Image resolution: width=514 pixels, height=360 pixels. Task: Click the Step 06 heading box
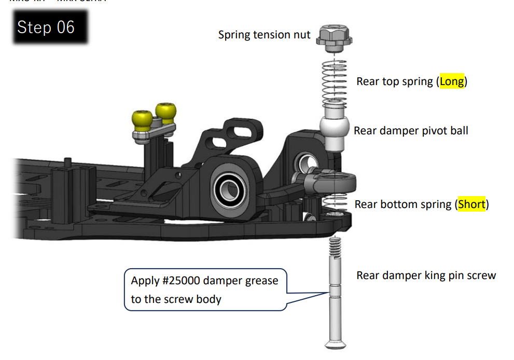46,26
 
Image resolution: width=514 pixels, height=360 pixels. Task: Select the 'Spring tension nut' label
264,35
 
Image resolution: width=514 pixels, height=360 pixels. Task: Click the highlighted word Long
451,81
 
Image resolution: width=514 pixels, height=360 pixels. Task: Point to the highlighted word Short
471,204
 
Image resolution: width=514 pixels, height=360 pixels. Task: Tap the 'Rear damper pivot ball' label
410,130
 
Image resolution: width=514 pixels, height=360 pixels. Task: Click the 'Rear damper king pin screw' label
426,275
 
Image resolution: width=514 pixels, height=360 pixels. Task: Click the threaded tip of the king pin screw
336,244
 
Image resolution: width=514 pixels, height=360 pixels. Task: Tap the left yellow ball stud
142,120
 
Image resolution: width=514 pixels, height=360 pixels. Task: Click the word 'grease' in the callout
259,281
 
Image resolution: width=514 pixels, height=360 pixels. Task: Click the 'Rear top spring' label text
395,81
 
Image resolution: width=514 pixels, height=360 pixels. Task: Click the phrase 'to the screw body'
176,299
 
